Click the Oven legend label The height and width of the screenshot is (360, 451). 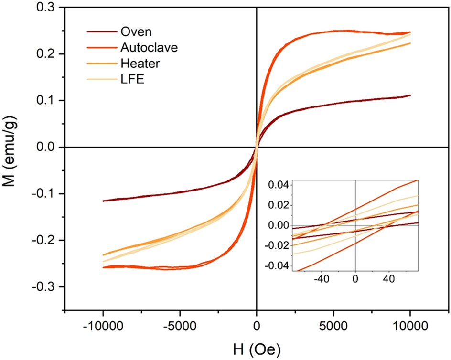[x=136, y=32]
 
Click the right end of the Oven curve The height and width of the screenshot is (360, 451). [x=410, y=95]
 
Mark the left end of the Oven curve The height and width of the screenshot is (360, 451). [x=104, y=201]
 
